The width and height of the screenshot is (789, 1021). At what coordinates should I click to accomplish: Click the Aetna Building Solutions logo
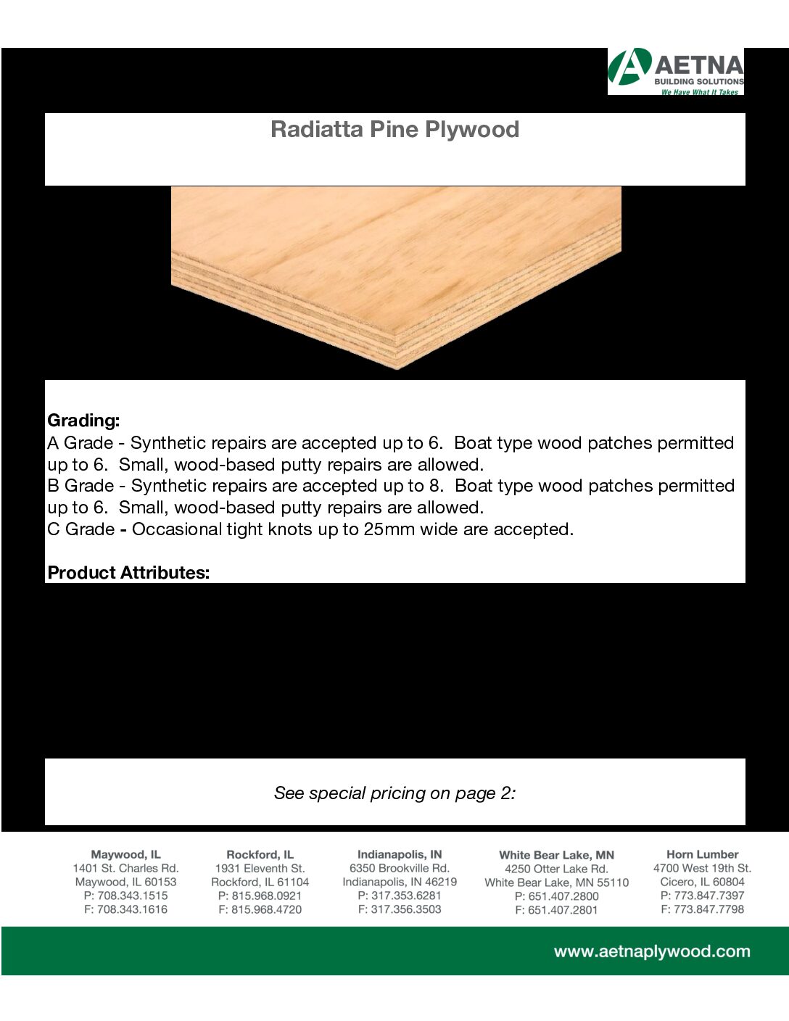point(676,71)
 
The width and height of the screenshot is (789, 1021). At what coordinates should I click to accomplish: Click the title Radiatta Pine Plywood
point(394,130)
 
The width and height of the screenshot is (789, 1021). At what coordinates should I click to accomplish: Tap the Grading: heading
point(83,421)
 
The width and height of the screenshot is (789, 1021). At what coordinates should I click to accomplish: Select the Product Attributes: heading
point(128,573)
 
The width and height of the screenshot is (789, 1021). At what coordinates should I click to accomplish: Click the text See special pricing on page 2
point(394,793)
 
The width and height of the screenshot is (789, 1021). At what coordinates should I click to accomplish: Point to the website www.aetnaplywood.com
point(651,951)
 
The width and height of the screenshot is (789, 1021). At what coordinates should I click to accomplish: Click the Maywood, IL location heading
point(125,855)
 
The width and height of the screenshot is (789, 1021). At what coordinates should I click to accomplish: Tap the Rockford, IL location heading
point(260,855)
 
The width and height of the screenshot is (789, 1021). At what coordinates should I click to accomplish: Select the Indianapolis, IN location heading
point(400,855)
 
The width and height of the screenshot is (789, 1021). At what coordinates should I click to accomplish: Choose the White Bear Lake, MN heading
point(556,856)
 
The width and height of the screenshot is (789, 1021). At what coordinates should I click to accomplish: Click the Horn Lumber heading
point(702,855)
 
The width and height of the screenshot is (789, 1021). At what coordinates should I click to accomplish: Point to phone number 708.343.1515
point(132,896)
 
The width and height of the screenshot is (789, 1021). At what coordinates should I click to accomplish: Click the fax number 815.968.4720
point(266,909)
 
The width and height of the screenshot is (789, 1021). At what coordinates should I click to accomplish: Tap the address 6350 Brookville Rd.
point(400,869)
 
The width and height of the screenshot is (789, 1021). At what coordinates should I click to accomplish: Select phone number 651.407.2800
point(563,896)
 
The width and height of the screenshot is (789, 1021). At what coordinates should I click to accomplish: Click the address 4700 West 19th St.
point(702,869)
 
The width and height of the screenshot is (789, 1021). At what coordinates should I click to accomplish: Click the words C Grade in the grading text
point(80,529)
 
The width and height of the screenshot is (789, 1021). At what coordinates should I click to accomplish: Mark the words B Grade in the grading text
point(80,486)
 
